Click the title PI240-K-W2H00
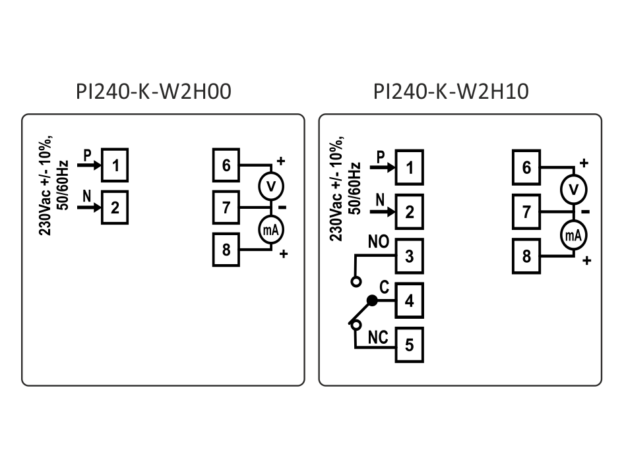tap(154, 92)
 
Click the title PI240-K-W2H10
tap(451, 92)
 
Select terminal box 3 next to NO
tap(410, 255)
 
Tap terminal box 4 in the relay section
tap(410, 300)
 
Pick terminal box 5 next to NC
tap(410, 344)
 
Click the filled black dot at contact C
tap(372, 300)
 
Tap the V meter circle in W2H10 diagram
tap(573, 190)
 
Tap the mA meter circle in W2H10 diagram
tap(573, 235)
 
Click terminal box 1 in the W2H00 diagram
tap(115, 165)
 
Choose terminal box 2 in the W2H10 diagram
tap(410, 211)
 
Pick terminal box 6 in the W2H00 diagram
tap(226, 165)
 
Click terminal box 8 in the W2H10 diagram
tap(526, 256)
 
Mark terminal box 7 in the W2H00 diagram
tap(226, 207)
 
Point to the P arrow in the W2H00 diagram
tap(88, 165)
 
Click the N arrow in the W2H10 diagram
tap(383, 211)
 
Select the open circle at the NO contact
tap(356, 281)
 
